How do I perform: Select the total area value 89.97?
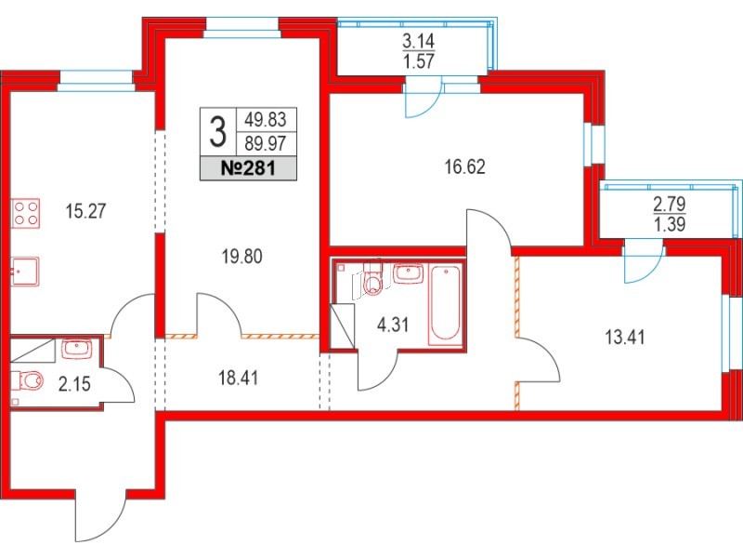[264, 144]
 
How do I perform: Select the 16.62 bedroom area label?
[466, 168]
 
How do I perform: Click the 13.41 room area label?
[624, 337]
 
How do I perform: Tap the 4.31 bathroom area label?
[394, 327]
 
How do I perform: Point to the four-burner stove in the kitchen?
[26, 214]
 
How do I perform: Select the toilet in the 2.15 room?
[31, 381]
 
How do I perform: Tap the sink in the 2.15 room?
[73, 349]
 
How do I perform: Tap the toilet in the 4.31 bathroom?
[371, 280]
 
